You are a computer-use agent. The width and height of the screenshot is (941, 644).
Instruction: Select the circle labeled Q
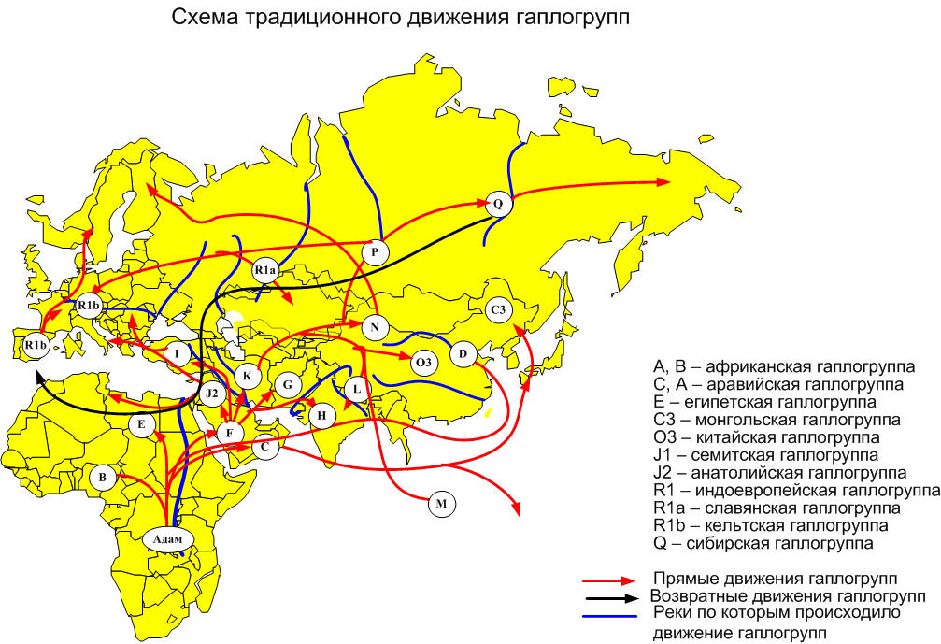tap(496, 203)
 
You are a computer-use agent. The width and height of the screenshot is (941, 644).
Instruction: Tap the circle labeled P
tap(375, 251)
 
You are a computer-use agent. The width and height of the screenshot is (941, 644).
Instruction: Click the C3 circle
tap(497, 309)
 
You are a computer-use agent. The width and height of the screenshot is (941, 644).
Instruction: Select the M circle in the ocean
tap(442, 504)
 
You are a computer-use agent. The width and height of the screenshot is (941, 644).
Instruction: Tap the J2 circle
tap(213, 393)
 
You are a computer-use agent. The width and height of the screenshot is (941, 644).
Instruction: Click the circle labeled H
tap(322, 415)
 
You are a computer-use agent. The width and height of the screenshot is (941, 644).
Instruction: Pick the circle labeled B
tap(104, 478)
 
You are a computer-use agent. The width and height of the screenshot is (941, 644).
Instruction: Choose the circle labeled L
tap(356, 388)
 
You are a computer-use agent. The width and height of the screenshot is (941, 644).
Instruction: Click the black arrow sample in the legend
tap(612, 595)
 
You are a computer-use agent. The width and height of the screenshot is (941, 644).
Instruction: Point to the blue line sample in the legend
tap(612, 615)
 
